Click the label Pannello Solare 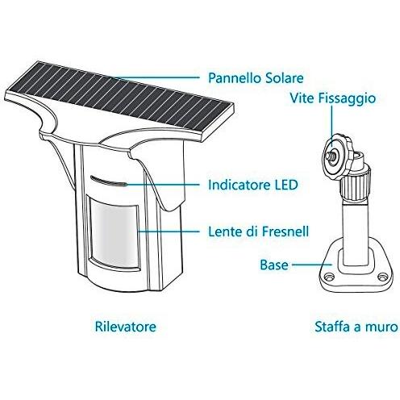click(256, 78)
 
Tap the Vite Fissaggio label click(332, 98)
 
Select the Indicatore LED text click(253, 185)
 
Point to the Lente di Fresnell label click(259, 231)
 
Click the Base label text click(274, 265)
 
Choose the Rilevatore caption click(126, 327)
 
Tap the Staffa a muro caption click(356, 327)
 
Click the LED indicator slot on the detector click(109, 181)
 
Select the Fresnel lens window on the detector click(115, 233)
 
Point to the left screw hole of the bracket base click(327, 277)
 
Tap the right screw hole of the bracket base click(381, 277)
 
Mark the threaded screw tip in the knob click(332, 155)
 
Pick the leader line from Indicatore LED click(163, 185)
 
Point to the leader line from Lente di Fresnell click(169, 231)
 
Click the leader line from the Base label click(312, 265)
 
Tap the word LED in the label click(285, 185)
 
